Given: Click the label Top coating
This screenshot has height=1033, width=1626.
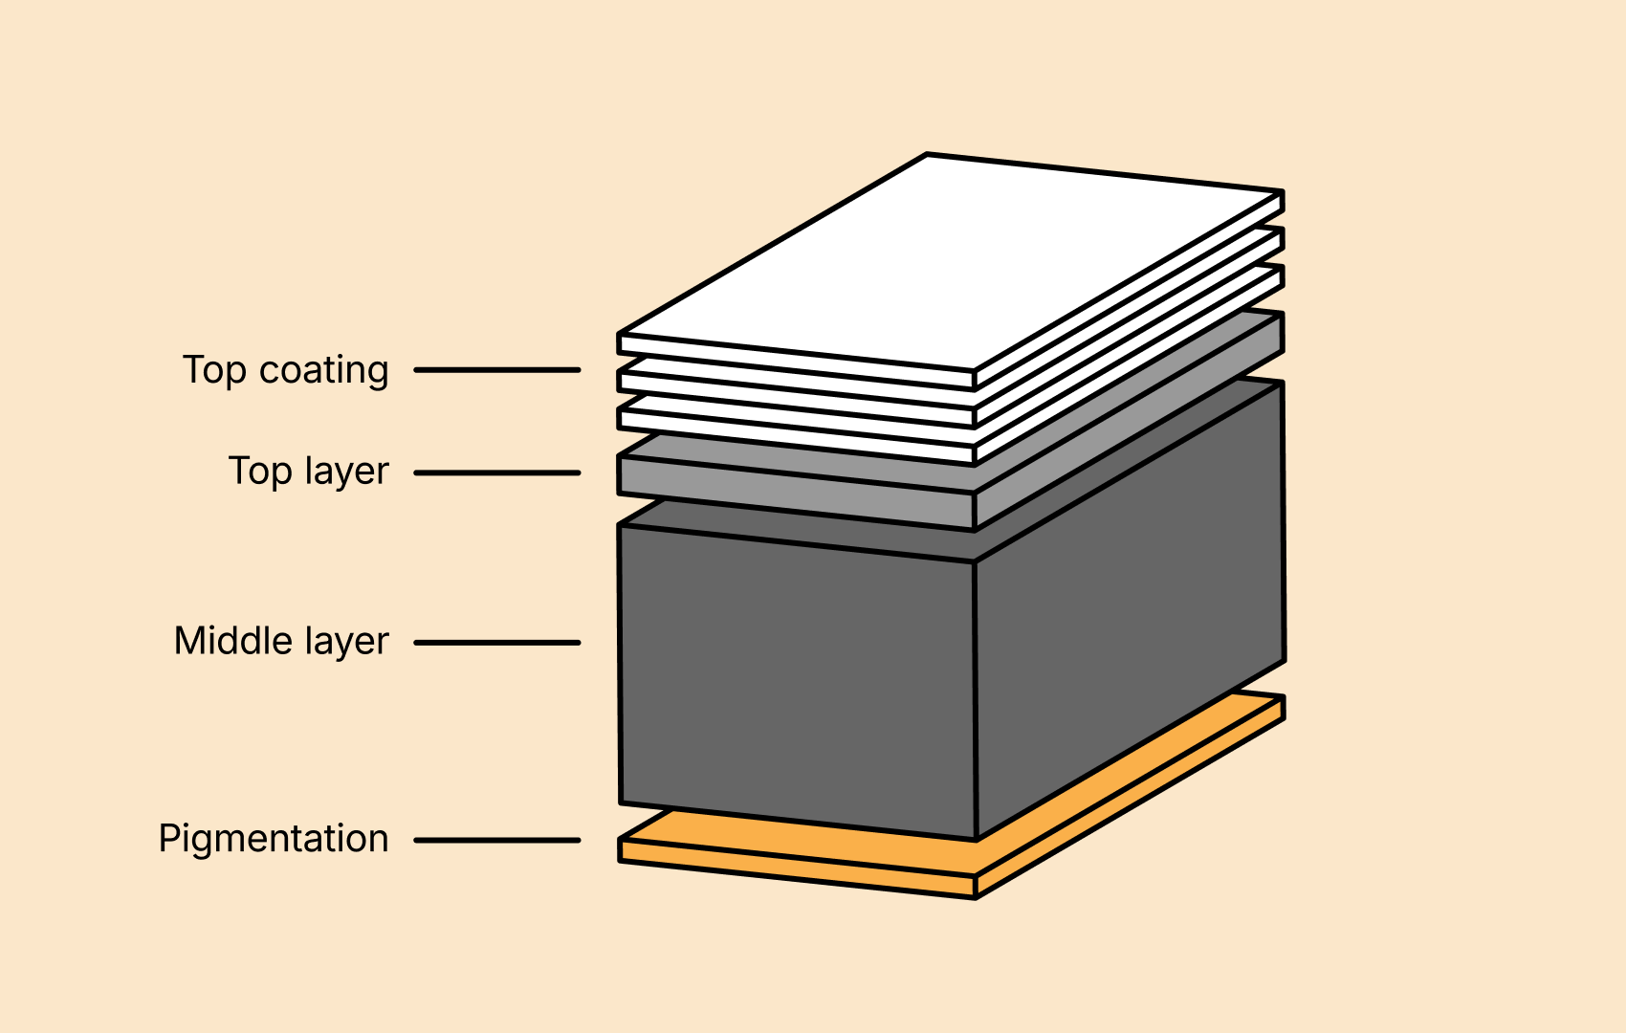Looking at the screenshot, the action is [285, 370].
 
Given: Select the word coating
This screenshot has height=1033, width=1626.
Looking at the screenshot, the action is [323, 372].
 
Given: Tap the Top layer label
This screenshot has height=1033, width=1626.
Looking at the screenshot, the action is [309, 472].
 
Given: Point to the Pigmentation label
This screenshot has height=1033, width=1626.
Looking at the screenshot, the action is [274, 839].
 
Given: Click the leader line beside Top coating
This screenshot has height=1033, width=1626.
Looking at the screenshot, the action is [497, 370].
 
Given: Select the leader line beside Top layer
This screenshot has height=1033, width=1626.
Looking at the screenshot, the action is [497, 473].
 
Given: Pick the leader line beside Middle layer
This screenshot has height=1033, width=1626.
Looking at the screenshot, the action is [497, 643].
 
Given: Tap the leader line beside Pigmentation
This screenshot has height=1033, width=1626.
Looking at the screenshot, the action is [497, 841].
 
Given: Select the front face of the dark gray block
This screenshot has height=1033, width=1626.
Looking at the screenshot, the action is [797, 682].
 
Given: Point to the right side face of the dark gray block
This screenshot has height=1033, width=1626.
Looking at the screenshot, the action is [1130, 610].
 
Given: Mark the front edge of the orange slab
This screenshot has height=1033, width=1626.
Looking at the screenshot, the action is [797, 868].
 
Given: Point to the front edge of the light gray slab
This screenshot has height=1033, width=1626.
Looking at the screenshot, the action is [797, 494].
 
